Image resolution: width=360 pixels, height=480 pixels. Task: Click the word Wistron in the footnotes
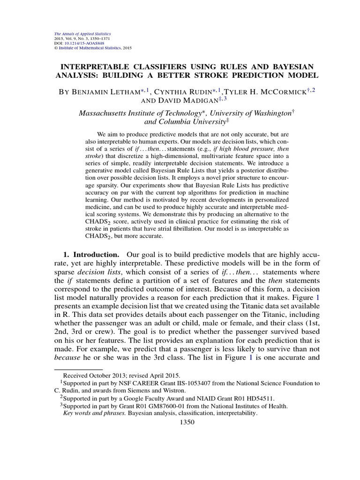(x=174, y=390)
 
